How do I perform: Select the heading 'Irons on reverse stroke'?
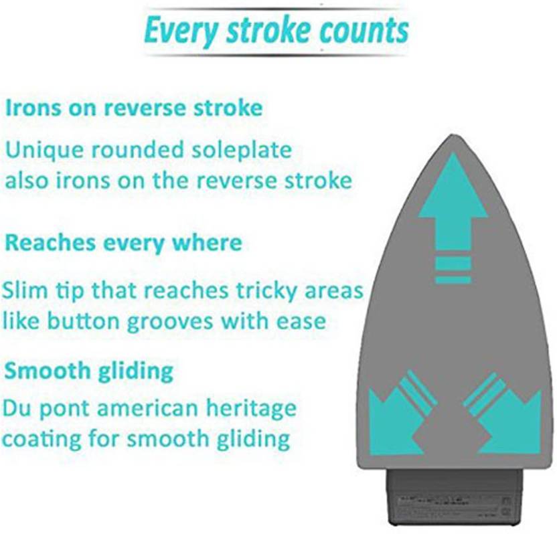pyautogui.click(x=134, y=108)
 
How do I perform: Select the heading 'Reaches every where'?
pyautogui.click(x=124, y=242)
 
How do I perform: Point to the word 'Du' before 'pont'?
pyautogui.click(x=17, y=408)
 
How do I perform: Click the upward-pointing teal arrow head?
pyautogui.click(x=453, y=185)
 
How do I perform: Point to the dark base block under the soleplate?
pyautogui.click(x=455, y=501)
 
